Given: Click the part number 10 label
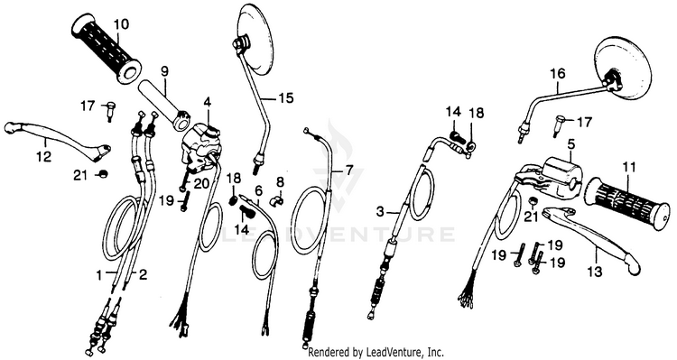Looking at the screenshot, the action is point(121,24).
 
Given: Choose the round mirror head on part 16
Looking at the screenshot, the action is point(623,69).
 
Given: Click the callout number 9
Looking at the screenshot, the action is point(164,71).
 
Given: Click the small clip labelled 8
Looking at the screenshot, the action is point(276,200).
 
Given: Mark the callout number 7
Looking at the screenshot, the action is point(348,171).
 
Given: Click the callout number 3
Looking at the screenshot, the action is point(380,212).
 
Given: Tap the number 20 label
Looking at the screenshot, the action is point(201,184).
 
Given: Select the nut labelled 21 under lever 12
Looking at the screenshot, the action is point(103,174).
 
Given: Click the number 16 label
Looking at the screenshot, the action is point(558,74).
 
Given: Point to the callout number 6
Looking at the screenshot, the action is point(259,190).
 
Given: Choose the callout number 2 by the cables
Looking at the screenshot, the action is point(143,274).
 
